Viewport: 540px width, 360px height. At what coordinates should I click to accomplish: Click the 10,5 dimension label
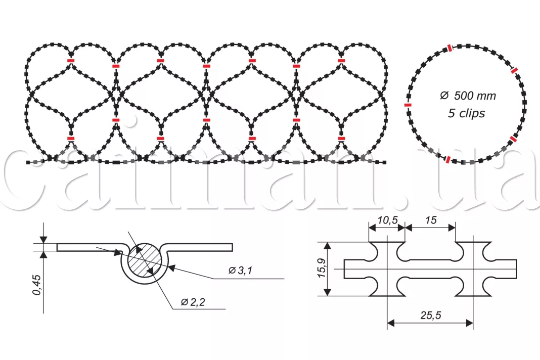[387, 220]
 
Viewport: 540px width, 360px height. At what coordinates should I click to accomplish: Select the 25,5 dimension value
[430, 315]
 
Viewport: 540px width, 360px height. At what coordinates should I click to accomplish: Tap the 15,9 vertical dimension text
[322, 268]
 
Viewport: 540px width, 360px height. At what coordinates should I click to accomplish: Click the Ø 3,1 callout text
[240, 271]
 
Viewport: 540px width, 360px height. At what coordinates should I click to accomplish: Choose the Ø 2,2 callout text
[193, 302]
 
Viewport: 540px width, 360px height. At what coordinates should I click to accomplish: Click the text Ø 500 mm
[468, 96]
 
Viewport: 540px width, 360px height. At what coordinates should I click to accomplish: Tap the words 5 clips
[466, 113]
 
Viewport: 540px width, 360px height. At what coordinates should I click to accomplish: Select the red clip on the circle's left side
[408, 105]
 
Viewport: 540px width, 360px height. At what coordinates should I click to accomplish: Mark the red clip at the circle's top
[450, 48]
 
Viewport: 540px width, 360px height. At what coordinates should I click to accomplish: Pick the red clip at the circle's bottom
[447, 159]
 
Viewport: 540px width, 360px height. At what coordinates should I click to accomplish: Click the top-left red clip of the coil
[71, 61]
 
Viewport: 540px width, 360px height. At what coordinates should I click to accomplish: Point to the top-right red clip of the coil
[341, 61]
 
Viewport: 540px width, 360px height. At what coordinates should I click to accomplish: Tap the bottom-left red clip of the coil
[71, 139]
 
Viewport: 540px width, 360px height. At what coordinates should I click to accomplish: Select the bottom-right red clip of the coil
[341, 139]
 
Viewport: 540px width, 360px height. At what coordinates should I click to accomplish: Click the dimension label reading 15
[431, 220]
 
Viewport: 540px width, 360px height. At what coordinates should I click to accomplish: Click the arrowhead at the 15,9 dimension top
[328, 246]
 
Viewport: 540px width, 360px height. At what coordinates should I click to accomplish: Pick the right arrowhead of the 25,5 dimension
[469, 323]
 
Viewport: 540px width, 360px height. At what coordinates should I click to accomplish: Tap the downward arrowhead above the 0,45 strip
[43, 240]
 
